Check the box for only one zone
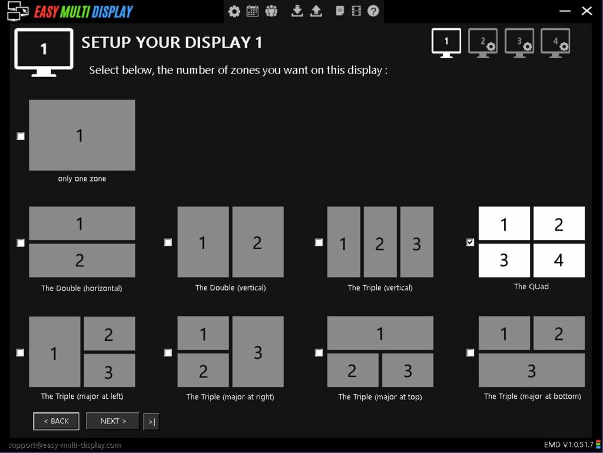[21, 136]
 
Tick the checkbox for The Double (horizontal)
[21, 243]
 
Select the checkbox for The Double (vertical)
[168, 242]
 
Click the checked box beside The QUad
[470, 242]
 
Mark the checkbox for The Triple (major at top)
[319, 352]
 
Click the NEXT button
[112, 421]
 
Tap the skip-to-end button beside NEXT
[151, 422]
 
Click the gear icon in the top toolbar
[234, 11]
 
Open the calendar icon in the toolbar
[252, 11]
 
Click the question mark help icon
[373, 11]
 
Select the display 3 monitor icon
[519, 43]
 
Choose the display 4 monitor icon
[555, 43]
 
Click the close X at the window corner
[587, 11]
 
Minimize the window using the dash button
[565, 11]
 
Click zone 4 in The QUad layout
[559, 260]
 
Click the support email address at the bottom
[65, 445]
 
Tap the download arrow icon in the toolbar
[297, 11]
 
